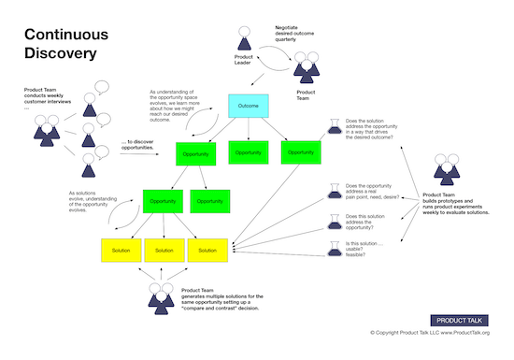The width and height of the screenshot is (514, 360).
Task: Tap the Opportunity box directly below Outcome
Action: tap(248, 151)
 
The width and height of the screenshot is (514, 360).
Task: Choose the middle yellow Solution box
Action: tap(164, 250)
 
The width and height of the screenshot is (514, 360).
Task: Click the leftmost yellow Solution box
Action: tap(121, 250)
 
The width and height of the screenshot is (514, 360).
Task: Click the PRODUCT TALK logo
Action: tap(463, 319)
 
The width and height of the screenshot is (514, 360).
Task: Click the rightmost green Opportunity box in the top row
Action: tap(302, 151)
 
